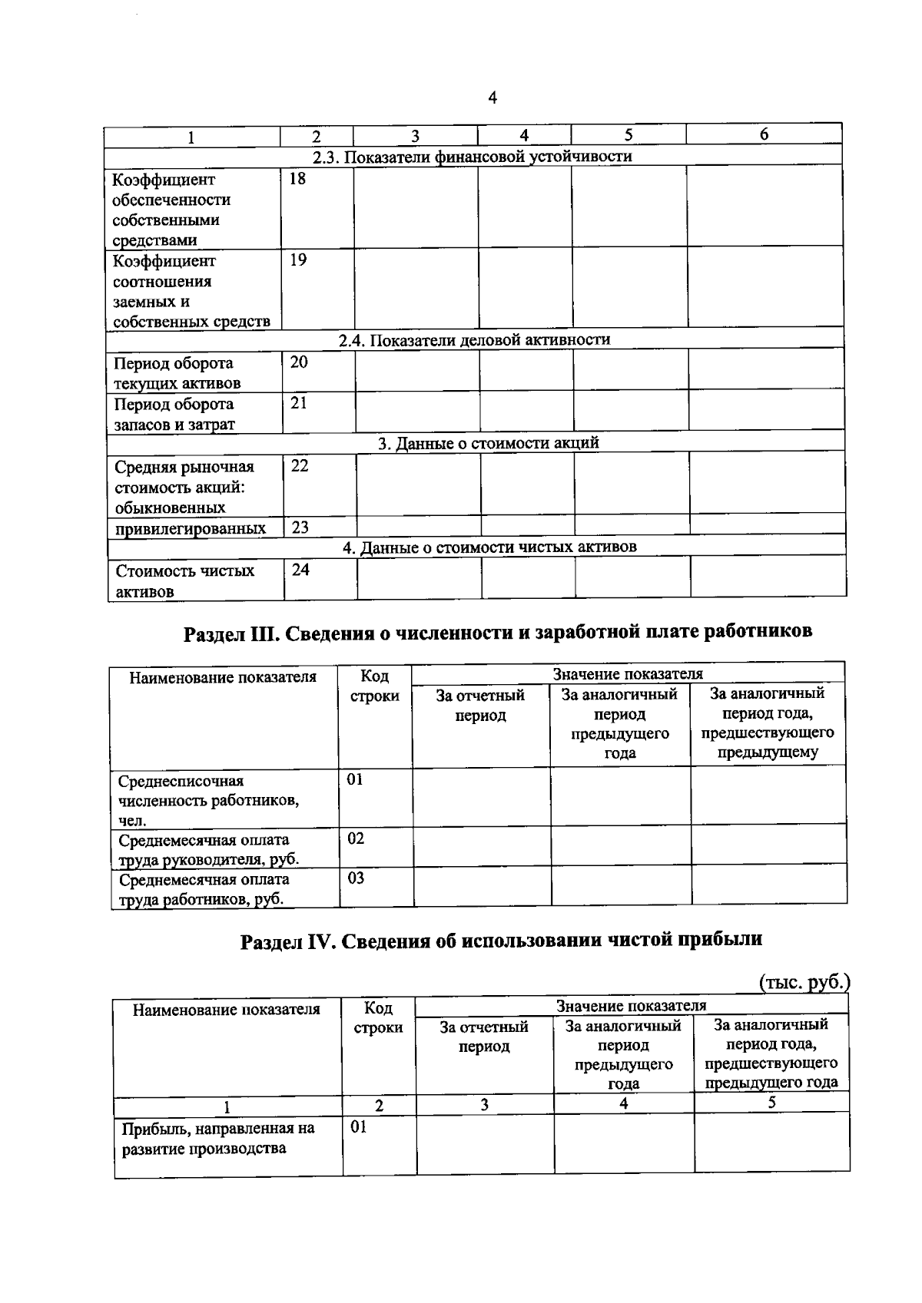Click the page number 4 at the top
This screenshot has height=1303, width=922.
click(493, 98)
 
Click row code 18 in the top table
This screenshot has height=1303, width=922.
click(297, 179)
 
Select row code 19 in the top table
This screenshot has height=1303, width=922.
click(298, 260)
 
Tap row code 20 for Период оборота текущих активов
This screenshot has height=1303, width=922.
click(299, 362)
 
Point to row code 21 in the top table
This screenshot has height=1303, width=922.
click(299, 402)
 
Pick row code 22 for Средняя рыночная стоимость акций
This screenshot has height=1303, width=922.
click(300, 465)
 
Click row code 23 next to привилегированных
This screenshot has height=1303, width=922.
click(300, 527)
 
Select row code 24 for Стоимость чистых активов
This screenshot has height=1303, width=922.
click(300, 569)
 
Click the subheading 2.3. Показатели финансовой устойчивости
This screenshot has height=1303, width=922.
click(473, 157)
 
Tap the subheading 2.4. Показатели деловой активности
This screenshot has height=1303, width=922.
click(475, 339)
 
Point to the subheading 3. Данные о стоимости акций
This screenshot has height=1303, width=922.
click(488, 443)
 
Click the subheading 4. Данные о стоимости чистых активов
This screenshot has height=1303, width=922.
click(489, 547)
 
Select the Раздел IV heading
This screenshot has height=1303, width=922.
click(501, 939)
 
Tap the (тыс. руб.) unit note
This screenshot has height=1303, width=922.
click(804, 982)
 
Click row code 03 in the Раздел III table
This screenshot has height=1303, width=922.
click(356, 878)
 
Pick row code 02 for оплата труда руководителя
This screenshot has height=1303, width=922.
click(355, 838)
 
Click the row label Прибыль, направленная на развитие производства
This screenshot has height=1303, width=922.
click(218, 1139)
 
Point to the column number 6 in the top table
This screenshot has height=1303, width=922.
click(764, 134)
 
